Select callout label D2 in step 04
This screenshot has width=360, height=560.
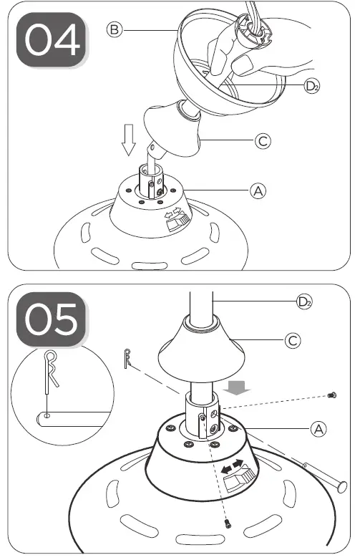click(311, 87)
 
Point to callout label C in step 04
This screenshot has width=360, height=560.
click(263, 141)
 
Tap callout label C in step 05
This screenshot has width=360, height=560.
click(292, 340)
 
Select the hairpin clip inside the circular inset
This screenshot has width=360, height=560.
click(51, 372)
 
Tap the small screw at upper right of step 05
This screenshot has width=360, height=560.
click(331, 395)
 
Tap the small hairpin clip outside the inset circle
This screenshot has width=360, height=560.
click(127, 356)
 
